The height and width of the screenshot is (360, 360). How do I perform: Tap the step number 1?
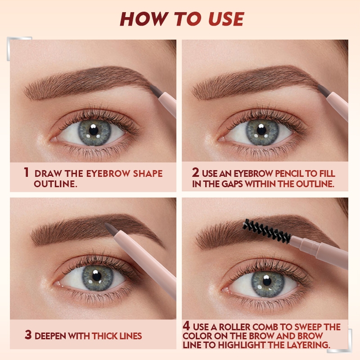(x=27, y=172)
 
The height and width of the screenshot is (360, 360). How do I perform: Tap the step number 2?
(x=195, y=172)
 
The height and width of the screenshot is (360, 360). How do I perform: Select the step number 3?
(x=28, y=335)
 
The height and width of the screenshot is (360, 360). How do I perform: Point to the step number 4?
(x=186, y=326)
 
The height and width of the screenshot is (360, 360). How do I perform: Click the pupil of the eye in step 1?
(x=94, y=130)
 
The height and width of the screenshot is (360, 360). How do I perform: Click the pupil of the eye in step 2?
(x=261, y=130)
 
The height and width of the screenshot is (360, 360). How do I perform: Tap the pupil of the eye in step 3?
(x=97, y=276)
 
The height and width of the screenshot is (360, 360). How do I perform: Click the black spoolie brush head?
(x=266, y=231)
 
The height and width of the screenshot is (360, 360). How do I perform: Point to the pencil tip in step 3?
(x=110, y=229)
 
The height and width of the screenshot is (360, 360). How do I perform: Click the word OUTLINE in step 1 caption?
(x=55, y=184)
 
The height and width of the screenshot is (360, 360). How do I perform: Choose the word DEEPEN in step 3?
(x=50, y=336)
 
